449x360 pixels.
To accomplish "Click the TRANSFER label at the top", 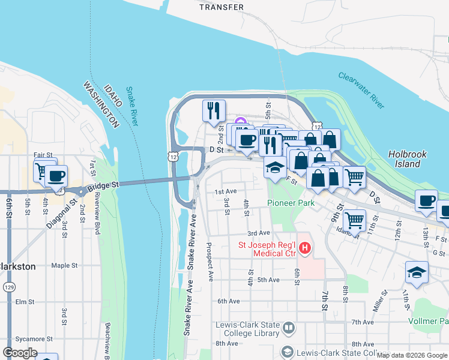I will pos(221,7).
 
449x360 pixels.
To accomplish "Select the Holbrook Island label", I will pos(407,158).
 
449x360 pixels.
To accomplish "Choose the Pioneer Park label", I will pos(291,203).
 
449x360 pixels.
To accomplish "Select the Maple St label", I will pos(65,265).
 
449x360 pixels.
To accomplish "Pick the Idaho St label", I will pos(346,229).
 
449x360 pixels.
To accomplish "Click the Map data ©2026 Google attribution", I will pos(412,355).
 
